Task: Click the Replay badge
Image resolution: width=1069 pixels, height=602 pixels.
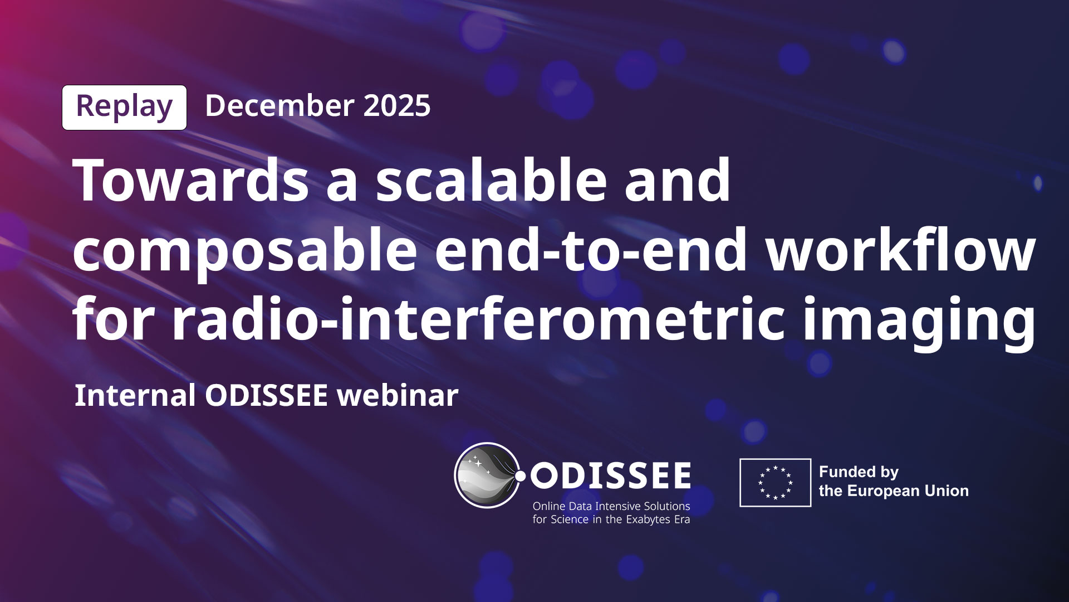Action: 124,107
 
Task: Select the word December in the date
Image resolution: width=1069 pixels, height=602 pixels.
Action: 279,105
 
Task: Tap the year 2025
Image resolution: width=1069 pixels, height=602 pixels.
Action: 397,105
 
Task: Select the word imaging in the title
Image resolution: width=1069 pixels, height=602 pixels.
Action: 919,322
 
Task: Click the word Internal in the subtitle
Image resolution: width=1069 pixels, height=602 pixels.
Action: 134,395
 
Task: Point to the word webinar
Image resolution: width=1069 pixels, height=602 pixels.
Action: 398,395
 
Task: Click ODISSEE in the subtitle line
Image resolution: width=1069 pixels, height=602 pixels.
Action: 266,395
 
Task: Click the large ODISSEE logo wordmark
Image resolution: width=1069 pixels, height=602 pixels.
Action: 611,477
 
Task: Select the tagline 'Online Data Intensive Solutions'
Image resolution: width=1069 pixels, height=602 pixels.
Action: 611,507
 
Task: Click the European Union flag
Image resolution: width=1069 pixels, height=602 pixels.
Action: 775,483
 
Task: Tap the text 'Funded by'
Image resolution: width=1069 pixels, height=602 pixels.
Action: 859,473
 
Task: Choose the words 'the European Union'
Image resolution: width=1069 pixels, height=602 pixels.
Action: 894,491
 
